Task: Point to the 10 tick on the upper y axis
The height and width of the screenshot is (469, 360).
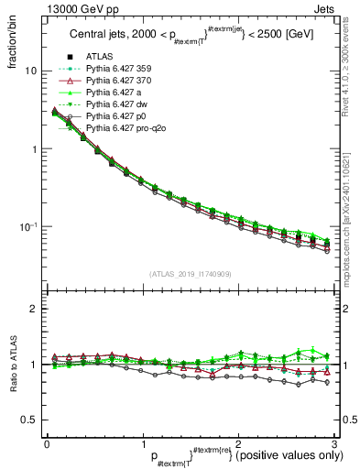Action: point(30,71)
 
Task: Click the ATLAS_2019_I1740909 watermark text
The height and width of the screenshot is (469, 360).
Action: point(189,274)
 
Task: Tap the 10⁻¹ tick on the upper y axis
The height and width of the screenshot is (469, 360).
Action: point(28,226)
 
